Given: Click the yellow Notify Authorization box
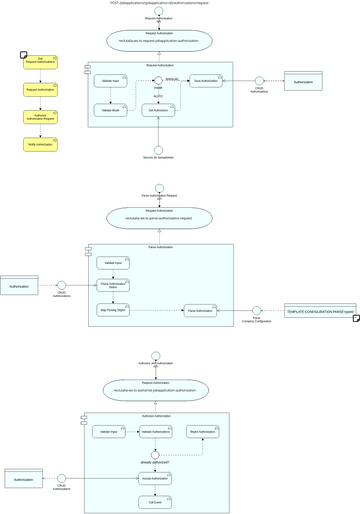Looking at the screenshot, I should pos(40,144).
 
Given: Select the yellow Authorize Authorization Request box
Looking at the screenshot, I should pos(40,117).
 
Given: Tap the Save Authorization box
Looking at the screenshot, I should pos(205,81).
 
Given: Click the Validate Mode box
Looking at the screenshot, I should pos(110,110).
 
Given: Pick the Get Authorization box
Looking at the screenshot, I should pos(158,110).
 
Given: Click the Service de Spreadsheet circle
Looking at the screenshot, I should pos(158,150).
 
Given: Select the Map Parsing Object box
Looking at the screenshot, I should pos(113,311).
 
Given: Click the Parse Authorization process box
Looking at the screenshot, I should pos(200,311).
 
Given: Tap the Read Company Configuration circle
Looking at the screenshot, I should pos(257,311).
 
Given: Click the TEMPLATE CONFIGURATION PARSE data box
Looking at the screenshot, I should pos(320,311).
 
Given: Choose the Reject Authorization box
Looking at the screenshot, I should pos(202,432).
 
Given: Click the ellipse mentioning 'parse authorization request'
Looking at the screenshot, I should pos(159,217).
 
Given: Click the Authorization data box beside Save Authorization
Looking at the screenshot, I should pos(303,81).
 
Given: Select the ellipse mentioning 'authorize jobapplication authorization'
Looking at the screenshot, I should pos(156,389).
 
